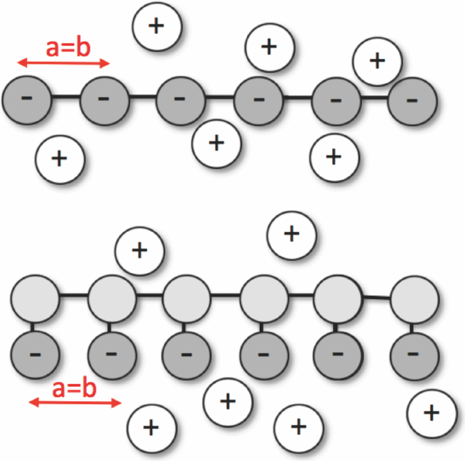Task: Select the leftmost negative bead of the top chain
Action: [27, 100]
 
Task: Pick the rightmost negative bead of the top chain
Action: [412, 101]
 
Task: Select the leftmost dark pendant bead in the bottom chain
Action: [35, 353]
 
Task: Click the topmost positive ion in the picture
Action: [157, 27]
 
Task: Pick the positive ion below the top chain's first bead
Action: [60, 159]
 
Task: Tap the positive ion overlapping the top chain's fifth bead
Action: [377, 60]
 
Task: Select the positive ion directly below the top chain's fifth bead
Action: [335, 157]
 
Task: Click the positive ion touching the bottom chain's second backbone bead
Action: [139, 250]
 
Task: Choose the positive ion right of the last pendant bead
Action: [431, 413]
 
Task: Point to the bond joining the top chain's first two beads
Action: [66, 99]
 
